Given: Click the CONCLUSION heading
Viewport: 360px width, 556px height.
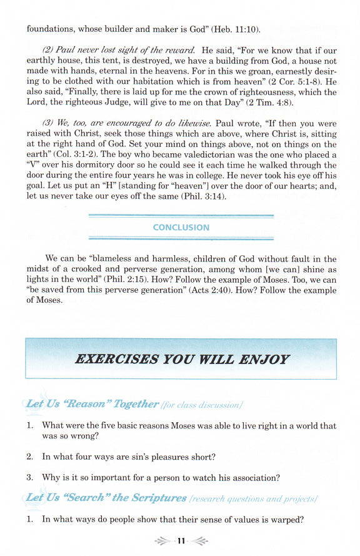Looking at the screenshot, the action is [181, 228].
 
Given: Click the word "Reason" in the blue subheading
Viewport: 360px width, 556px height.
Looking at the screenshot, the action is [87, 404].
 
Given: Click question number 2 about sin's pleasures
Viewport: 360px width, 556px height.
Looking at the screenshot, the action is [29, 457].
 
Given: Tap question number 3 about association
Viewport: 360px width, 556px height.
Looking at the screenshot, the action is [29, 478].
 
